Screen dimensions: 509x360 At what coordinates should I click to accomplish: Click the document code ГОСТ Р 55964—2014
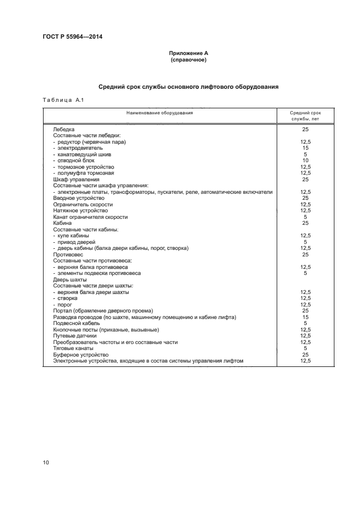[x=72, y=36]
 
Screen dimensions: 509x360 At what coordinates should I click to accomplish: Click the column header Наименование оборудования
[x=160, y=113]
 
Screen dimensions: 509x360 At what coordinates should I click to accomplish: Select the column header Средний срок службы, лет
[x=305, y=115]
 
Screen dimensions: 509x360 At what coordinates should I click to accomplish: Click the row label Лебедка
[x=64, y=130]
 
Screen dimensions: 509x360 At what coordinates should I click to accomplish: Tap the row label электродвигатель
[x=80, y=148]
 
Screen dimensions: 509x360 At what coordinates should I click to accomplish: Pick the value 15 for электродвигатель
[x=305, y=148]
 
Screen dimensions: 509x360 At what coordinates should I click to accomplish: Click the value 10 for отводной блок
[x=305, y=160]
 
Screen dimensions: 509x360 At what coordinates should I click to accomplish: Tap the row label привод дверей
[x=76, y=242]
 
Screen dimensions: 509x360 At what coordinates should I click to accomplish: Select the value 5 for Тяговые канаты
[x=305, y=348]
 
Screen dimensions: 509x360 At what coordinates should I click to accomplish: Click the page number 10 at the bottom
[x=46, y=463]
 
